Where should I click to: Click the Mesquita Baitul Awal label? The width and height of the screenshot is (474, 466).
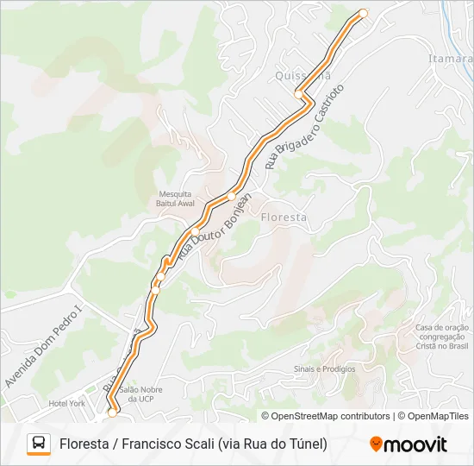[175, 198]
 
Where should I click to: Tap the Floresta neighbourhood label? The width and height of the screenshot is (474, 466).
[283, 217]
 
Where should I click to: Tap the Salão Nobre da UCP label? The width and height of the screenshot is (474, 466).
[141, 394]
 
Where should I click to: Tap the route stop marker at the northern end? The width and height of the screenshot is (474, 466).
[363, 13]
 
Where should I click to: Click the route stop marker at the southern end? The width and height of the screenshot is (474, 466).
[111, 413]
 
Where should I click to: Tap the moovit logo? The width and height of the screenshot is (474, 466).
[409, 444]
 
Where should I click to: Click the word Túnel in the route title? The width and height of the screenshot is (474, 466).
[304, 444]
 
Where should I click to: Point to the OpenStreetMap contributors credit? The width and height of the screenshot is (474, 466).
[326, 416]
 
